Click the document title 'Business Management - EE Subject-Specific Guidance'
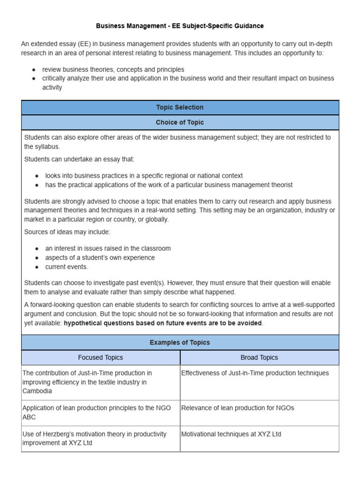pos(180,26)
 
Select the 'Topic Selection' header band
pos(180,107)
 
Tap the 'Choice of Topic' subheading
pos(180,122)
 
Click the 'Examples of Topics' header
pos(180,342)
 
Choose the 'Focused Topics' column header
pos(100,357)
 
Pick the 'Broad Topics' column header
pos(259,357)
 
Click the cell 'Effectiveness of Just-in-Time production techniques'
pos(255,373)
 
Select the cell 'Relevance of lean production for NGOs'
pos(238,408)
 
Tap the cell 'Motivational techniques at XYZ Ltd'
pos(231,434)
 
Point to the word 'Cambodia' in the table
pos(37,391)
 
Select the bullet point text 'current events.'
pos(67,267)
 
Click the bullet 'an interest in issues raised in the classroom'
pos(108,248)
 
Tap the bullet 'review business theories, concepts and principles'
pos(113,69)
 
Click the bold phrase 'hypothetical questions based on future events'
pos(155,323)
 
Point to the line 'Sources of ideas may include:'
pos(67,232)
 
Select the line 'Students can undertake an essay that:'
pos(79,159)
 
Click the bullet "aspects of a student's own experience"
pos(100,258)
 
